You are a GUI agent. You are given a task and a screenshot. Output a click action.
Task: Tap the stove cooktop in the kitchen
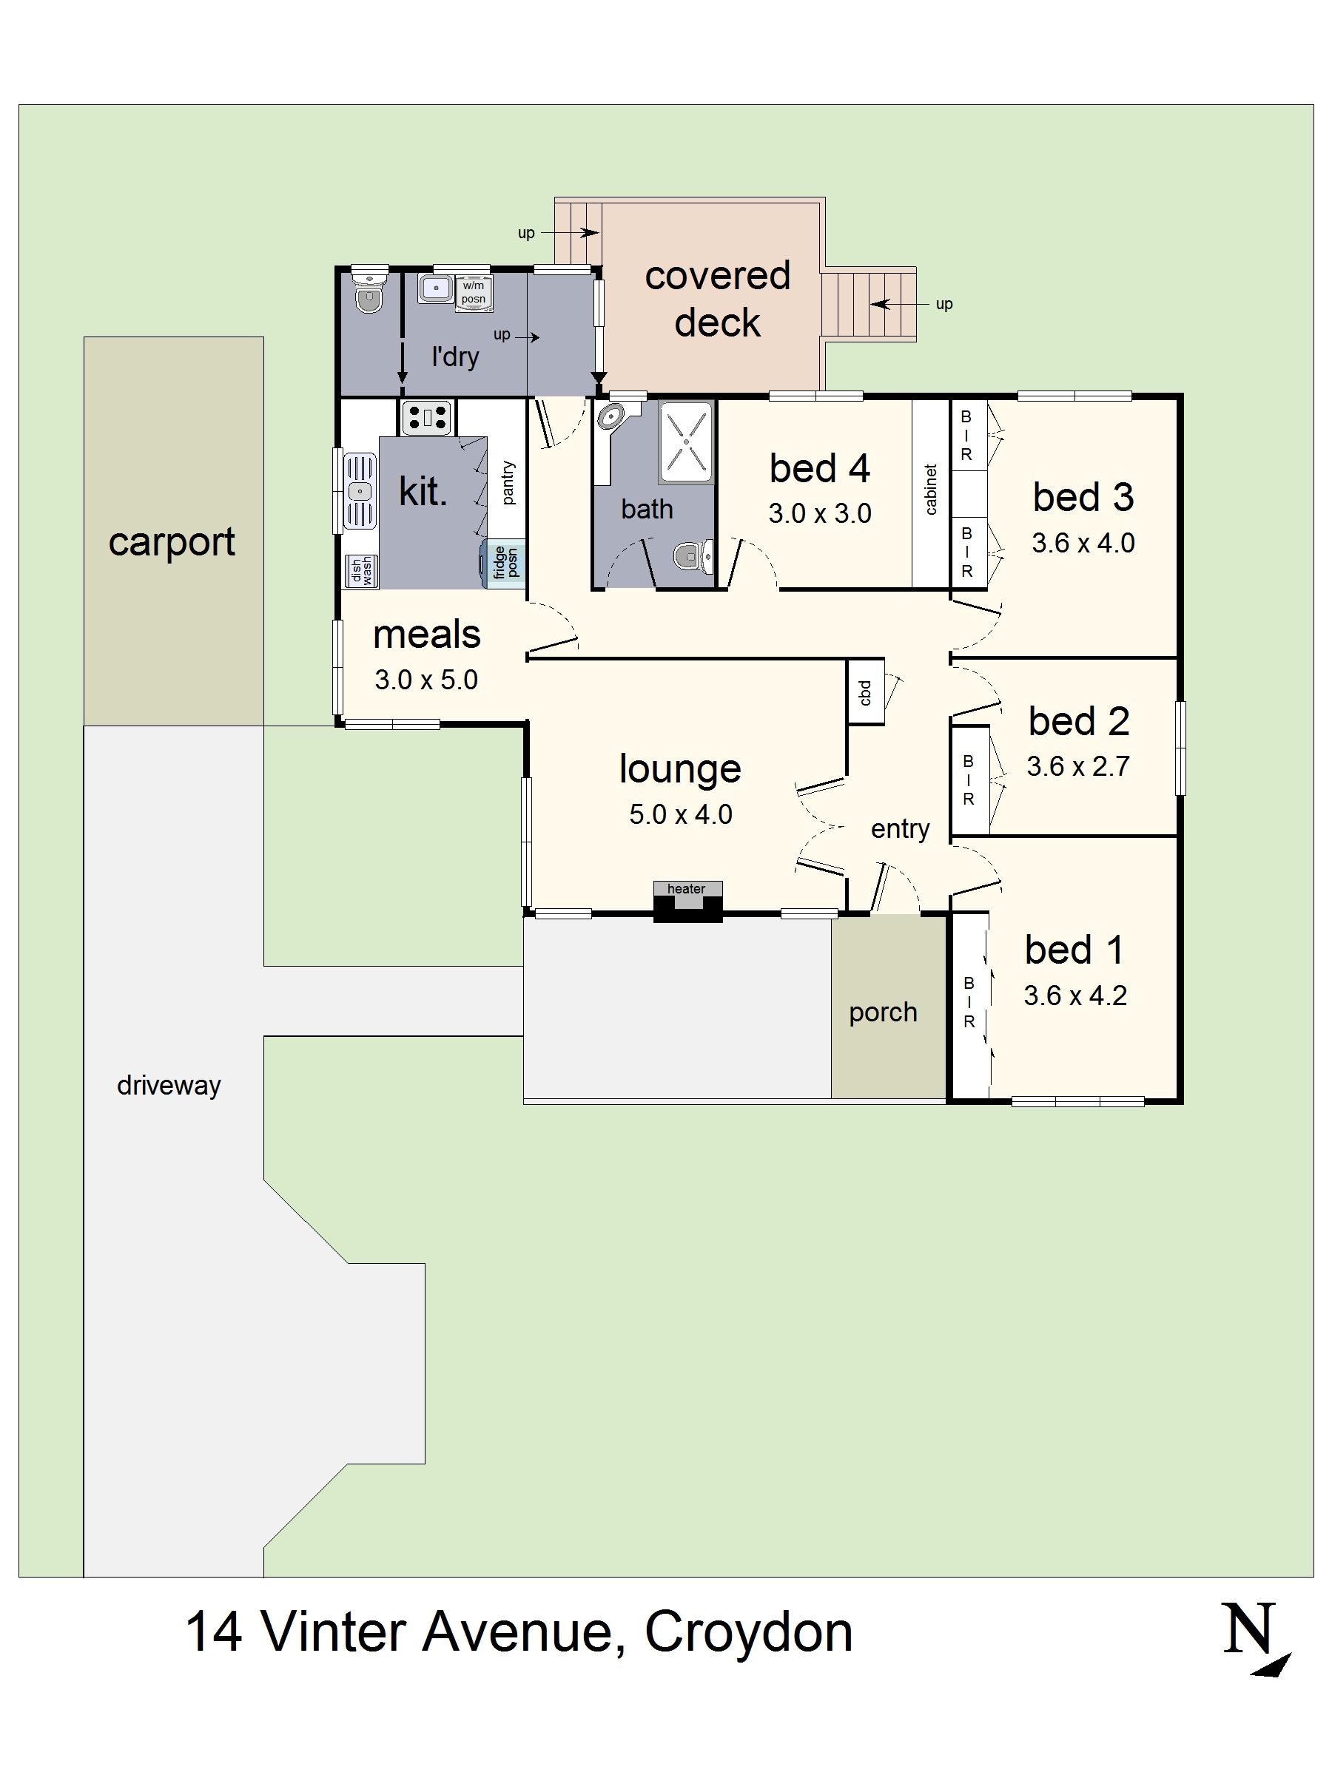click(426, 418)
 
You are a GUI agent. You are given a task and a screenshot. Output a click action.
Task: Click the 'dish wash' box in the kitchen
click(361, 572)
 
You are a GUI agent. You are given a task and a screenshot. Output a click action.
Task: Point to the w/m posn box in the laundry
click(473, 293)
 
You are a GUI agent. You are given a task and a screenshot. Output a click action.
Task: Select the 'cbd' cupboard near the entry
click(866, 692)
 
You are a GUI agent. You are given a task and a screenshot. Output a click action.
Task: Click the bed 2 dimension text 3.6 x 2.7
click(1077, 766)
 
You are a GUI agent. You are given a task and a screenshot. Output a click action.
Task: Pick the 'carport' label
click(172, 541)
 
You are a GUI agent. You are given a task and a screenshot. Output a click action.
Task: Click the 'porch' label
click(883, 1012)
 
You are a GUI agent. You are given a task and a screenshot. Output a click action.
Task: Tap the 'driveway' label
click(169, 1085)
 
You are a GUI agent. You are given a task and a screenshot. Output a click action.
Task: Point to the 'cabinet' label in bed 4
click(931, 490)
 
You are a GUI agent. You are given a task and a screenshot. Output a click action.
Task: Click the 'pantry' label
click(508, 482)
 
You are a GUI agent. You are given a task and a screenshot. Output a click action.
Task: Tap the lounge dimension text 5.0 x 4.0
click(680, 814)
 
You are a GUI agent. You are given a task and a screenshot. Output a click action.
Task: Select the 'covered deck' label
click(717, 299)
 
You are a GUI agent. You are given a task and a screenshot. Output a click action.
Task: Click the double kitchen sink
click(360, 491)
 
